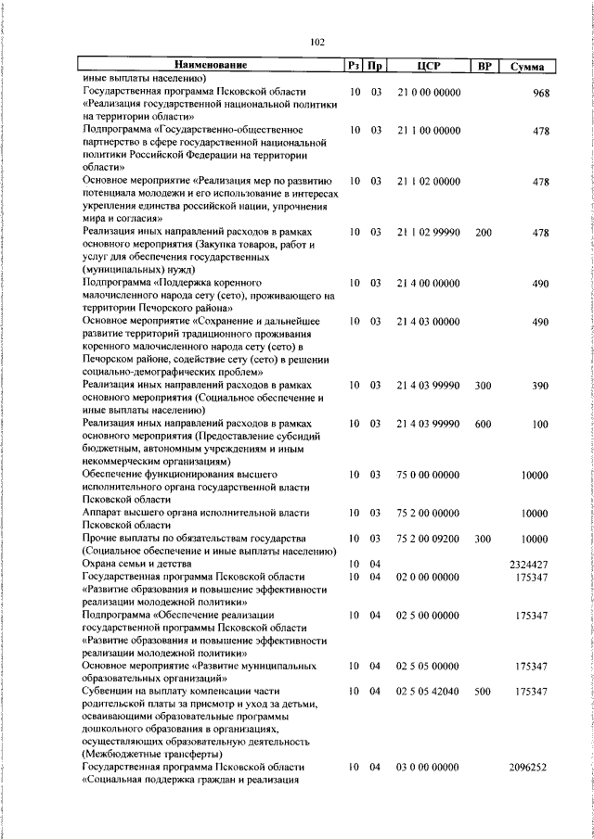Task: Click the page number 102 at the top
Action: click(x=316, y=42)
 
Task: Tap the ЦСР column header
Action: click(x=428, y=65)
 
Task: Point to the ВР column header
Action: click(x=484, y=65)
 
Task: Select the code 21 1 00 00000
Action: click(x=428, y=131)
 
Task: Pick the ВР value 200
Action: click(x=484, y=232)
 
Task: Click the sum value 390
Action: click(x=542, y=385)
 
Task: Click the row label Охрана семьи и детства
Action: click(x=136, y=564)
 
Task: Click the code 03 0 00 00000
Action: click(x=428, y=768)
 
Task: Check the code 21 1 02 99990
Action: click(x=428, y=232)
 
